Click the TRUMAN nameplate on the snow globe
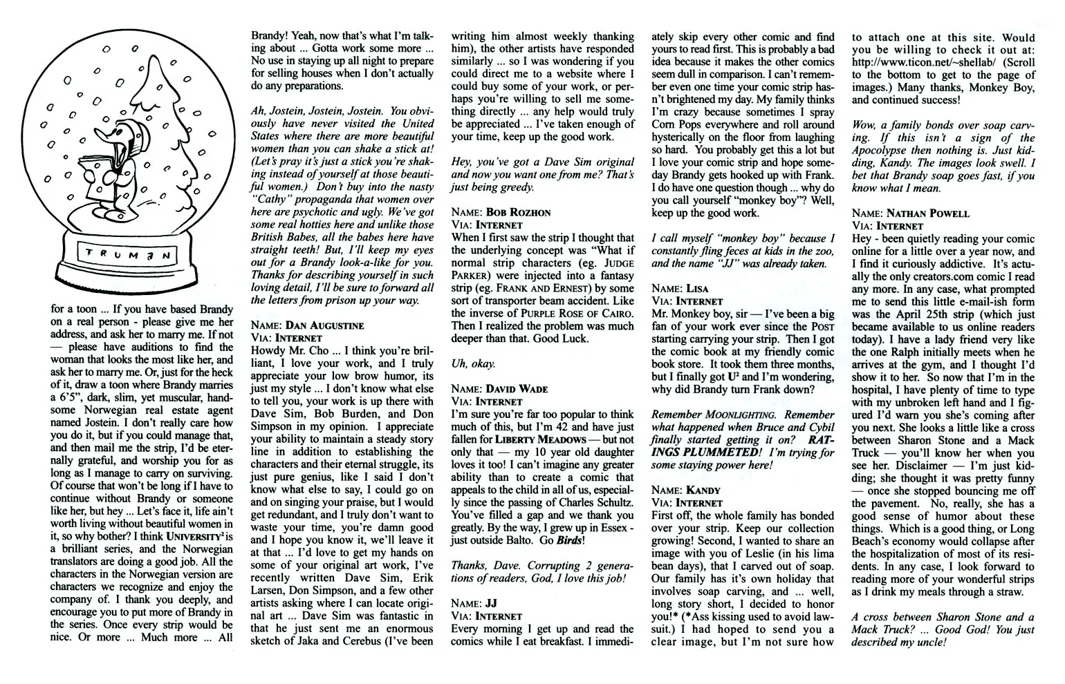pyautogui.click(x=129, y=253)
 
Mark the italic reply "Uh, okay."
pyautogui.click(x=473, y=363)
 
